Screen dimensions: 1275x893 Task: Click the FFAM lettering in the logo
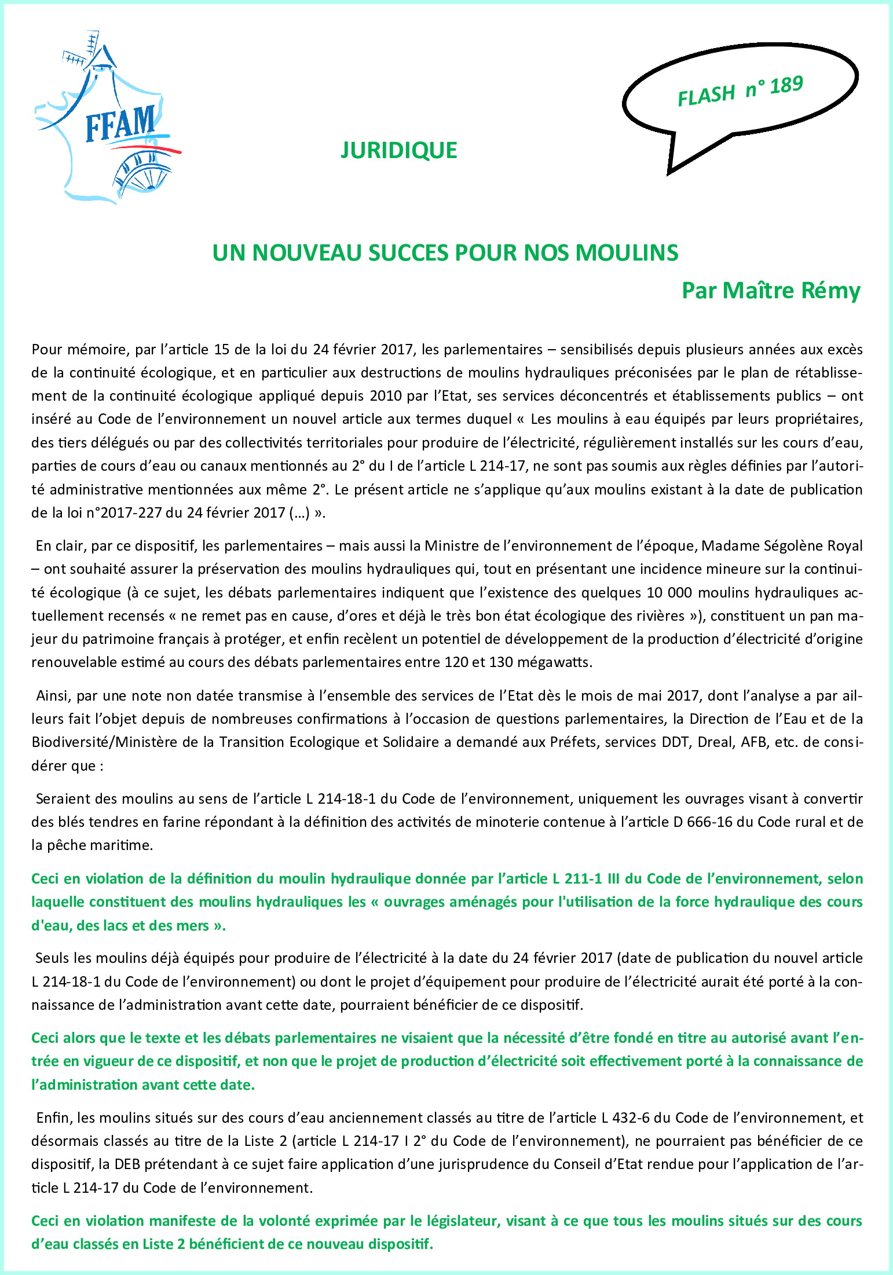click(x=120, y=124)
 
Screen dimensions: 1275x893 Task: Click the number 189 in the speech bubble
click(x=786, y=86)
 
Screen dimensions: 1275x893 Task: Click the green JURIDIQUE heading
click(x=398, y=151)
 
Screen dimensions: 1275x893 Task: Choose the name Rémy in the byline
click(x=830, y=290)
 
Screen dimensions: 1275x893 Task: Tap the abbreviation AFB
click(x=753, y=742)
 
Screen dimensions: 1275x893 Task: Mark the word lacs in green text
click(x=116, y=926)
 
